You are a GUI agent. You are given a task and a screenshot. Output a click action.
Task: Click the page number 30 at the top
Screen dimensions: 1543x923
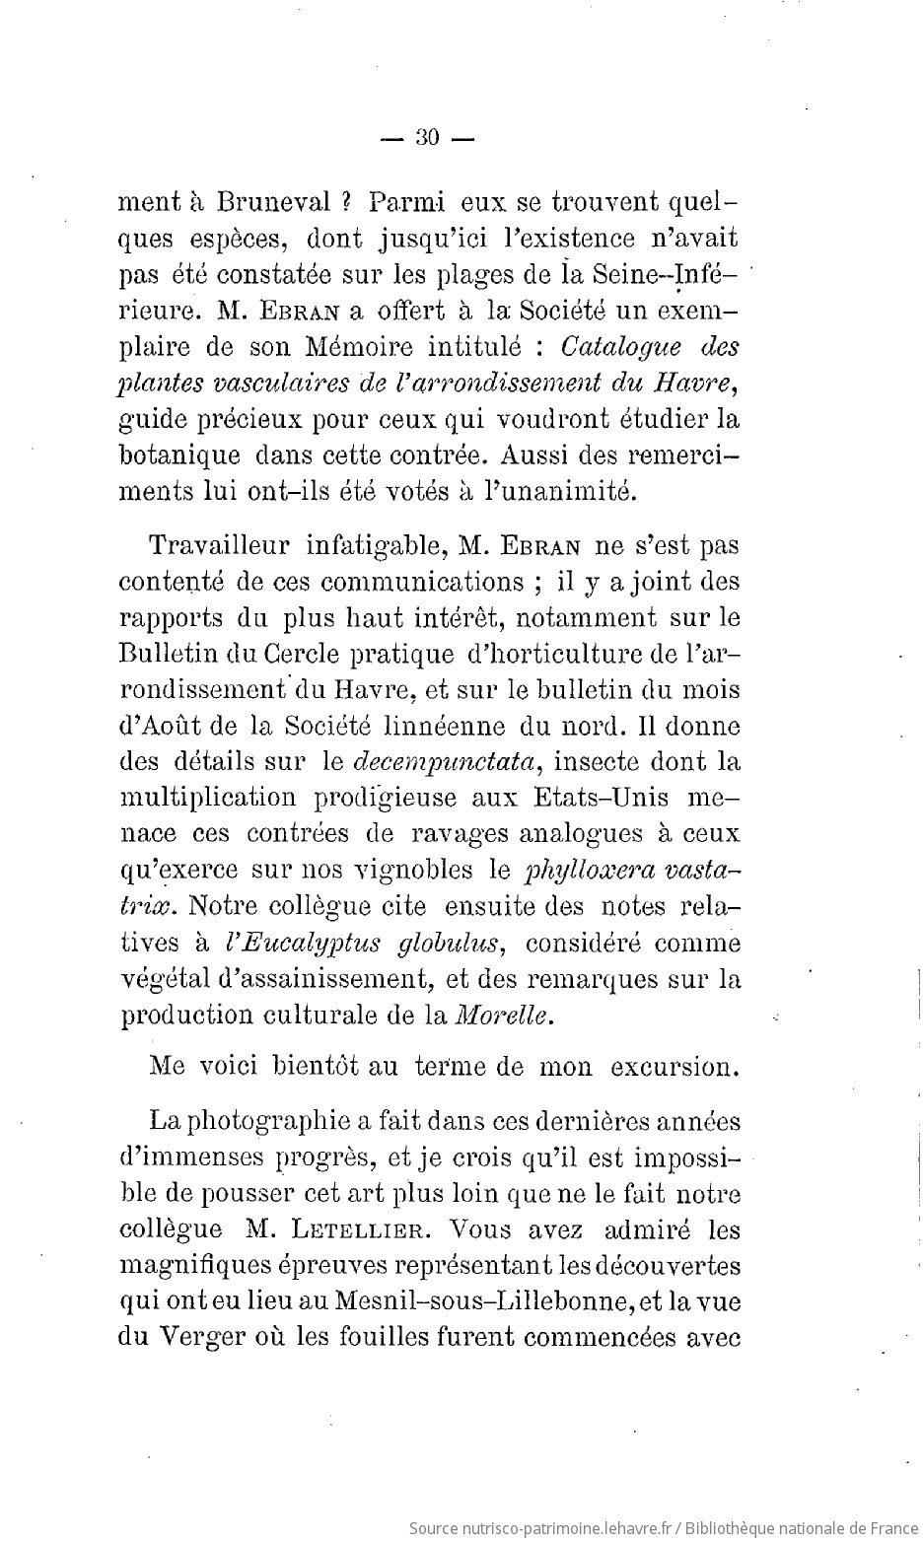click(428, 138)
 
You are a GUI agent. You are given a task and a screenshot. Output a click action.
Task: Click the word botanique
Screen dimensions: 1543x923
click(178, 456)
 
